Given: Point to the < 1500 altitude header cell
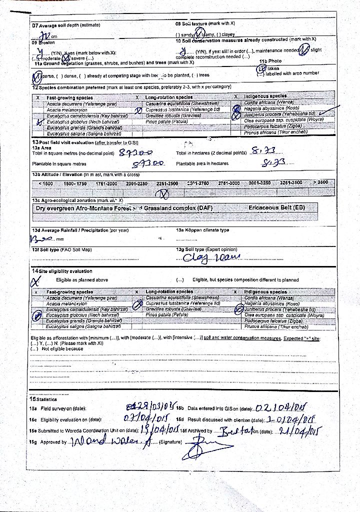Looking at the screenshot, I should (45, 183).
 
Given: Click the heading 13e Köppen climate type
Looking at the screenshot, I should (202, 230).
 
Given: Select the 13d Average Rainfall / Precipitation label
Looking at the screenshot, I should (80, 230).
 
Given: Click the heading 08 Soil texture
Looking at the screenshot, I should (205, 23).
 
